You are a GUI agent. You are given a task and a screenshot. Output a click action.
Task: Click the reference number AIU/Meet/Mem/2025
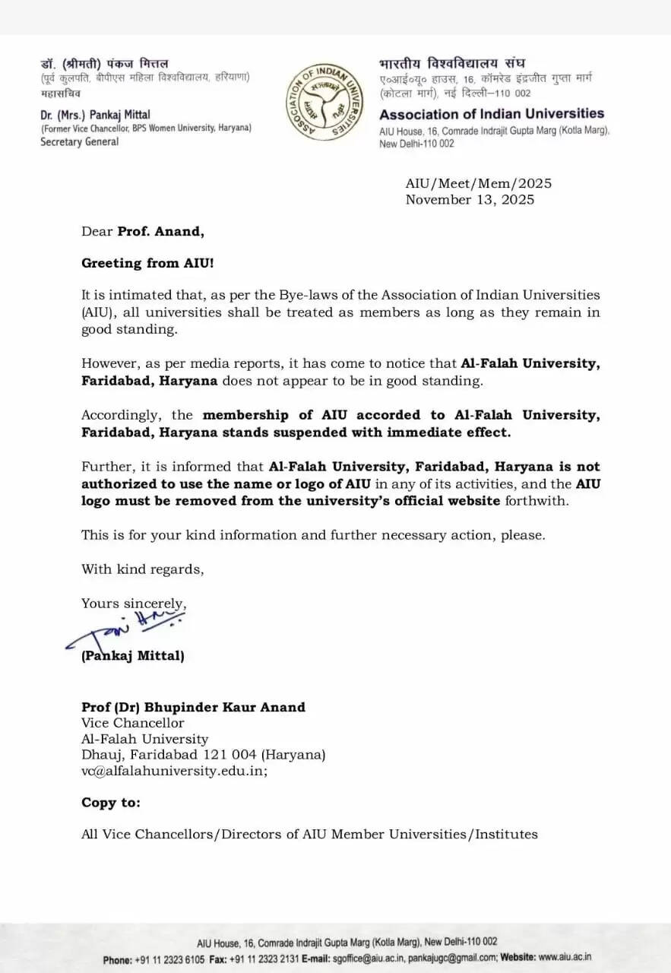click(479, 183)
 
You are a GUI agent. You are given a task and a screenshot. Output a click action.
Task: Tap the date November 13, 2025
click(470, 200)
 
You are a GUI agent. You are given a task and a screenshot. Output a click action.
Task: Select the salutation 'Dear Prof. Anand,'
click(143, 232)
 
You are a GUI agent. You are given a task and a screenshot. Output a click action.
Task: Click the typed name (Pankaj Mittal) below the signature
click(133, 655)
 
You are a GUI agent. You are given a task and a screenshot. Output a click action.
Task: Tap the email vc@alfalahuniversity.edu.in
click(174, 770)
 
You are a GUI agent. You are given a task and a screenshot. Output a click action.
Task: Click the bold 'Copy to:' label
click(111, 803)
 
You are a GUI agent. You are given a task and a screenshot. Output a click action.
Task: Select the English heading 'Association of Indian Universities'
click(492, 115)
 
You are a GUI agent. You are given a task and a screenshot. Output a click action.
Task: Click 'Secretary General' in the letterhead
click(80, 141)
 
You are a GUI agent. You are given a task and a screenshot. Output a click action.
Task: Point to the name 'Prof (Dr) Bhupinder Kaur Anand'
click(193, 707)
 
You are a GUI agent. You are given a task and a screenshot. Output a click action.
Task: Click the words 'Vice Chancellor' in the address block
click(133, 723)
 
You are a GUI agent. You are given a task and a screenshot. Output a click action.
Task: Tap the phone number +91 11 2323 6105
click(169, 959)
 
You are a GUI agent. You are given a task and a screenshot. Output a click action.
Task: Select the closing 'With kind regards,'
click(143, 569)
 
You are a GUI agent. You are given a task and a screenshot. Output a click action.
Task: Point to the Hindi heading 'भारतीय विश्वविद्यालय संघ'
click(452, 64)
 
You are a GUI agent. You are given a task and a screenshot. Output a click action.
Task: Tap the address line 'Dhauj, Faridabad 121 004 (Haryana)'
click(204, 755)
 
